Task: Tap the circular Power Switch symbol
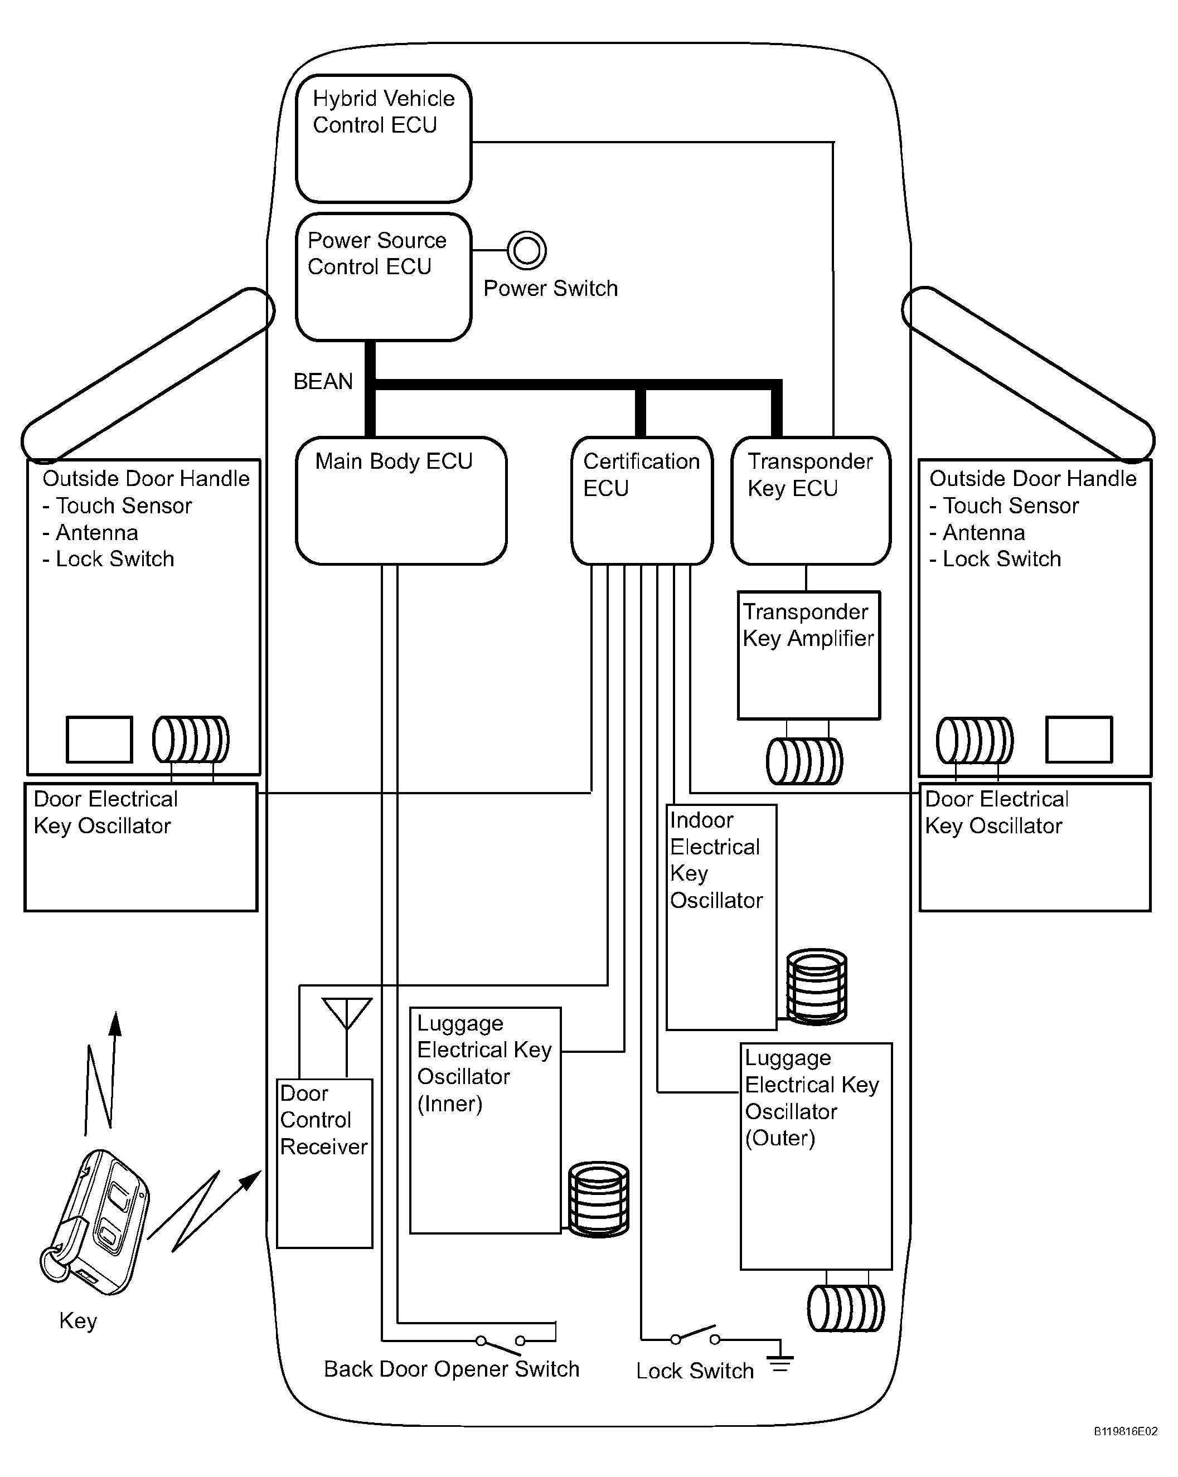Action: click(526, 250)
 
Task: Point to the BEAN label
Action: click(323, 382)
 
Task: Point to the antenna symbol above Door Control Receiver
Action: click(347, 1037)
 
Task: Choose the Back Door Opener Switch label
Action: click(452, 1369)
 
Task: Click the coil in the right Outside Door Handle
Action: click(975, 740)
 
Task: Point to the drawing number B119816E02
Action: click(1125, 1450)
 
